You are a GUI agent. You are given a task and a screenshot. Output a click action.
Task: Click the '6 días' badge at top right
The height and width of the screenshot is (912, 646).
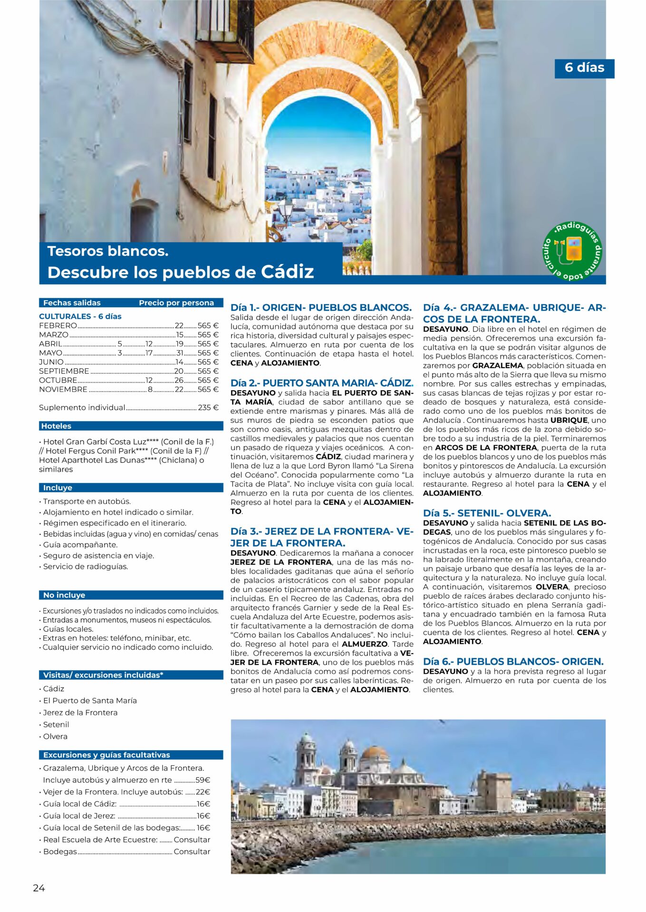coord(584,68)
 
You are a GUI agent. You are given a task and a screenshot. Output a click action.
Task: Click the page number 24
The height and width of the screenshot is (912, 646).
coord(39,888)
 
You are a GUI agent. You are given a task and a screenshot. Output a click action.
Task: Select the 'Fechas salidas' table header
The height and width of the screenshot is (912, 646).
coord(72,303)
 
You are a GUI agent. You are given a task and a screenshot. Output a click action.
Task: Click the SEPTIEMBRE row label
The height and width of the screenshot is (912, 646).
coord(64,371)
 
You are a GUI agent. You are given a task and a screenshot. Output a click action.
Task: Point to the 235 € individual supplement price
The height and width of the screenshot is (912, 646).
coord(208,408)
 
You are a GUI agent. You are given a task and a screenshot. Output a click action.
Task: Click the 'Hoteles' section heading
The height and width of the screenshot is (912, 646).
coord(56,426)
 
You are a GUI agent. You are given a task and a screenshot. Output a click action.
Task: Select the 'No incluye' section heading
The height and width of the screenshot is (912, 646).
coord(64,595)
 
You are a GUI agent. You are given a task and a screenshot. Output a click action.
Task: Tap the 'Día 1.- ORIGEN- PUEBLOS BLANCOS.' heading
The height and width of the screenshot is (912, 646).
coord(321,307)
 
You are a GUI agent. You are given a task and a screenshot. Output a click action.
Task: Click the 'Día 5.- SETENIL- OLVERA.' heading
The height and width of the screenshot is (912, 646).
coord(487,513)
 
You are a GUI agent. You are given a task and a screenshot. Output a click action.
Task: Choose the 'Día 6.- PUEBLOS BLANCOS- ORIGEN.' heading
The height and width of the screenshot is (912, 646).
coord(513,661)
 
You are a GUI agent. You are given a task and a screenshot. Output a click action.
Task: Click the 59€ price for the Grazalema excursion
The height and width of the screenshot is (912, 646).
coord(203,780)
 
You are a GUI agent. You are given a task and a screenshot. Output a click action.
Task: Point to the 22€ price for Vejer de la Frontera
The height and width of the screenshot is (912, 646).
coord(203,792)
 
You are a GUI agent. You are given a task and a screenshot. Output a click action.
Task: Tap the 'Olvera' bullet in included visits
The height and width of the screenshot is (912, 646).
coord(55,736)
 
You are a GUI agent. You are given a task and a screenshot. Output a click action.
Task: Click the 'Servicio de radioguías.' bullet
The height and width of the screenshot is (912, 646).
coord(86,566)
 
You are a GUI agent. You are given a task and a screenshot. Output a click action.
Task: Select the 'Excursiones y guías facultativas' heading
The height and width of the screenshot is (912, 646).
coord(106,755)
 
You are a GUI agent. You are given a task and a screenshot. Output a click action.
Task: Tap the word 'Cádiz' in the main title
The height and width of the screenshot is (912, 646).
coord(287,272)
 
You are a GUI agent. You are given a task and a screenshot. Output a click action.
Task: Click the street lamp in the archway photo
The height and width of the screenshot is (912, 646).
coord(286,209)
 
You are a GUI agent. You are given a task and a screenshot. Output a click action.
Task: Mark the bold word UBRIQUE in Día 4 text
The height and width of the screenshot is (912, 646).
coord(569,420)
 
